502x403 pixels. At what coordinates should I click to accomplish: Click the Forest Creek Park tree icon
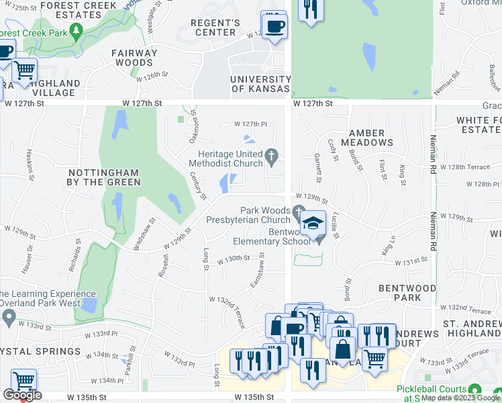pyautogui.click(x=77, y=30)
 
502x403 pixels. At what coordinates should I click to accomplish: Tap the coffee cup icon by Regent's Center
pyautogui.click(x=274, y=26)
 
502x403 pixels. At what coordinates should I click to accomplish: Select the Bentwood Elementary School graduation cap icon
pyautogui.click(x=313, y=223)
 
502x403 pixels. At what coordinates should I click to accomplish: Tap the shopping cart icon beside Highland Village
pyautogui.click(x=25, y=69)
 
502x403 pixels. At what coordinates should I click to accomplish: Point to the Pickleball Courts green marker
pyautogui.click(x=475, y=390)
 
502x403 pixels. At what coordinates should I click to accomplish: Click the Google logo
pyautogui.click(x=21, y=396)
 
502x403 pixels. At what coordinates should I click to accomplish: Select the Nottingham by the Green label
pyautogui.click(x=104, y=177)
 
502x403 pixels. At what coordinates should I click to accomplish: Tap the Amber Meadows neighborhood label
pyautogui.click(x=367, y=138)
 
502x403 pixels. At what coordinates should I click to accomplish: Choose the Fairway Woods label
pyautogui.click(x=134, y=58)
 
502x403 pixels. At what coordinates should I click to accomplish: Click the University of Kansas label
pyautogui.click(x=260, y=84)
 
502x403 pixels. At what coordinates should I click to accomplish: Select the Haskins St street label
pyautogui.click(x=30, y=165)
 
